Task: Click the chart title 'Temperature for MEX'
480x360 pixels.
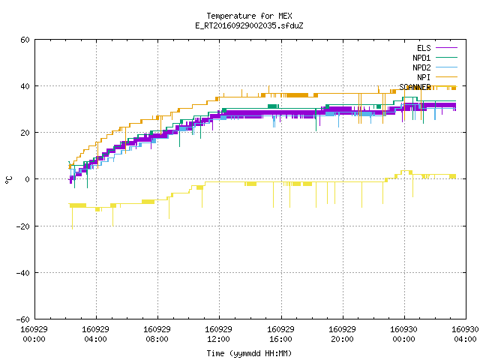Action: [x=249, y=16]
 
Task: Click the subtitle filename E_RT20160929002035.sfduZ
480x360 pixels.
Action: [x=249, y=25]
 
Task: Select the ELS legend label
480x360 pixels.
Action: [x=424, y=48]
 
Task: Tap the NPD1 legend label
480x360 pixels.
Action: [x=421, y=58]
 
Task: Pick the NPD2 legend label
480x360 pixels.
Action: [x=421, y=67]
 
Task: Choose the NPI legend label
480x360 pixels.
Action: [x=424, y=77]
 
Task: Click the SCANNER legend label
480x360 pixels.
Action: [x=415, y=87]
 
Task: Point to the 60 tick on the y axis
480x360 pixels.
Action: [x=25, y=40]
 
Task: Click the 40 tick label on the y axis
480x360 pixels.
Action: [x=25, y=86]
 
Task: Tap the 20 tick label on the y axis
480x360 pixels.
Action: [x=25, y=133]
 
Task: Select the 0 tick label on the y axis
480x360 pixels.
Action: [x=28, y=179]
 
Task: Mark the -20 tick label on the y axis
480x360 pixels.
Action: [x=23, y=226]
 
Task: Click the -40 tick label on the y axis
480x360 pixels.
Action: [x=23, y=273]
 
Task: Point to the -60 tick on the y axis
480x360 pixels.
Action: [x=23, y=319]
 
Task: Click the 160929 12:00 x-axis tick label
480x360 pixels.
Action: [x=218, y=334]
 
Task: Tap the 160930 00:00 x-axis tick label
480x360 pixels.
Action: [x=403, y=334]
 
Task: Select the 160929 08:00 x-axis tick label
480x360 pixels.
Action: [x=157, y=334]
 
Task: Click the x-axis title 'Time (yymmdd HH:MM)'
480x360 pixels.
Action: [x=249, y=353]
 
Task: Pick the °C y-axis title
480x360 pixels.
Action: [x=8, y=180]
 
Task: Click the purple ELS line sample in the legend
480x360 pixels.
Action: [x=446, y=48]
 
